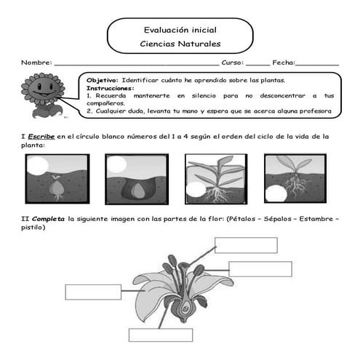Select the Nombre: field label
[x=36, y=64]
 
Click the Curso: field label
[x=232, y=64]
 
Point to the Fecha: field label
[x=284, y=64]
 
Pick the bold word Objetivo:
[x=103, y=79]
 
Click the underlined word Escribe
[x=42, y=136]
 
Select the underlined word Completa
[x=47, y=217]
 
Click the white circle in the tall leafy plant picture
[x=195, y=191]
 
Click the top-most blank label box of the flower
[x=246, y=245]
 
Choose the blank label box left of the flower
[x=93, y=292]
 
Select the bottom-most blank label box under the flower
[x=161, y=335]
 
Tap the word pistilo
[x=33, y=227]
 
